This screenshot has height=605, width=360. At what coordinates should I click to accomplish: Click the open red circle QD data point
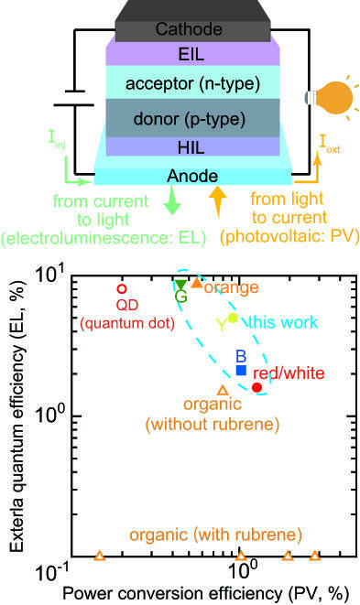point(122,289)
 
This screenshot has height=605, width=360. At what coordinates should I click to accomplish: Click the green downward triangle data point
point(180,285)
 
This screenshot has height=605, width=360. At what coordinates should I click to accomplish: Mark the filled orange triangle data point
point(196,284)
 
